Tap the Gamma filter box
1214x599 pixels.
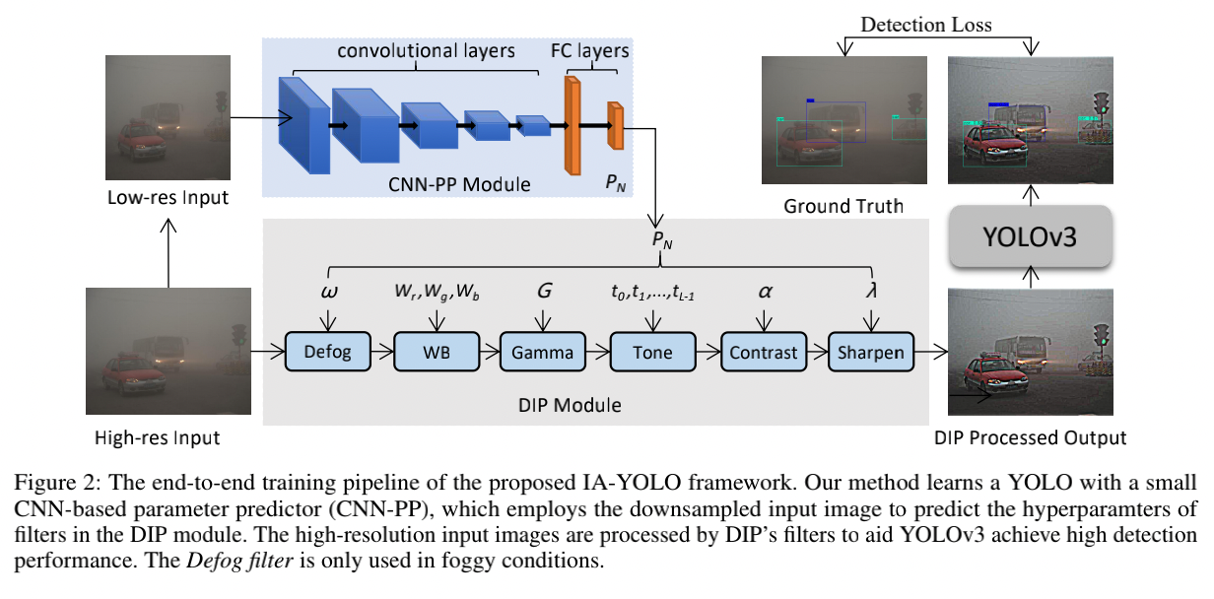click(x=542, y=353)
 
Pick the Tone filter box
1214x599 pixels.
click(x=652, y=353)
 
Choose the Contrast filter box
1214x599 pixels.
click(x=763, y=353)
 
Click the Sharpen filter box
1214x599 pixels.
click(x=871, y=353)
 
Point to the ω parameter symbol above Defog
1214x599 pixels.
click(x=327, y=292)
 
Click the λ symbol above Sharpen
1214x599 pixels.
click(x=871, y=292)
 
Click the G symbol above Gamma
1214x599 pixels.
click(x=542, y=292)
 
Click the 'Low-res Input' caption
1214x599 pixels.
click(x=168, y=197)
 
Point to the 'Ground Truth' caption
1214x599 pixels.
click(x=843, y=206)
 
